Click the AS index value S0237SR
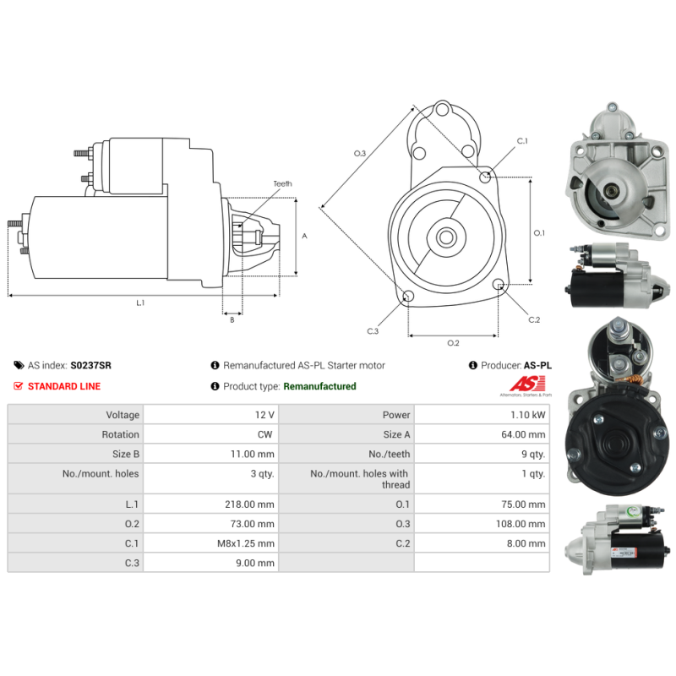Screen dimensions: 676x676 90,366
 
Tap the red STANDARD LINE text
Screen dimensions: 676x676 64,386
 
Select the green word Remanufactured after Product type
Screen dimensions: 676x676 320,386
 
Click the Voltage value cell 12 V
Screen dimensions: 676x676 264,415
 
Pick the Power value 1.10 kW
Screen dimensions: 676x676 527,415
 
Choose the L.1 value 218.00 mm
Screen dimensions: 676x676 249,504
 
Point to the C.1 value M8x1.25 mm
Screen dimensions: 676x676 246,543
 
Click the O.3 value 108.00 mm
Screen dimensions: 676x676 521,524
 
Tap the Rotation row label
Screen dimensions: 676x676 120,434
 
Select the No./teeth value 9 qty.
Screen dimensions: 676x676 533,454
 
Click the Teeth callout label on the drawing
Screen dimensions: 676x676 282,183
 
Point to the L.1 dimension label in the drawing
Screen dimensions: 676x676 140,303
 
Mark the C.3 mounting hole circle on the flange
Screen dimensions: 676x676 408,297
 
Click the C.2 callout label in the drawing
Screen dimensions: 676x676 534,319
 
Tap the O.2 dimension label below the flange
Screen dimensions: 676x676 453,343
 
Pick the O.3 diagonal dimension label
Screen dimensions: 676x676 360,154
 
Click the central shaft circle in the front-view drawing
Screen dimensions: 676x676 446,237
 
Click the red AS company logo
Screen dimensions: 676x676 527,384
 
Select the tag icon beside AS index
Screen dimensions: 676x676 19,366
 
